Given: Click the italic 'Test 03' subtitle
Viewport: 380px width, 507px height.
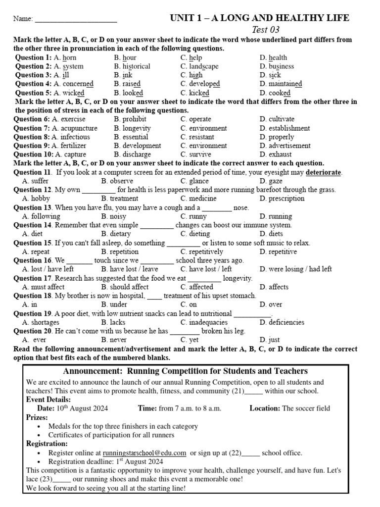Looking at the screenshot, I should [x=266, y=30].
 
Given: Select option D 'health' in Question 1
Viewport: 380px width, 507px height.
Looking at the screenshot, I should [x=273, y=57].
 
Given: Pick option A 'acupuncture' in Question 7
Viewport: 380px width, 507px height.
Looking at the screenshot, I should [x=75, y=128].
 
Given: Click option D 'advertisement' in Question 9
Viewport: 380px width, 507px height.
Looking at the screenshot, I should [x=285, y=146].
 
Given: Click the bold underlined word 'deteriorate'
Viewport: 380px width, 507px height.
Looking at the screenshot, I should [x=324, y=172].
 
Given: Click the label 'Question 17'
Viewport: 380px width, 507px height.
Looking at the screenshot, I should [x=33, y=278].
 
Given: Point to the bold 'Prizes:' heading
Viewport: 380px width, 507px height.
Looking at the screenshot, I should [x=39, y=417].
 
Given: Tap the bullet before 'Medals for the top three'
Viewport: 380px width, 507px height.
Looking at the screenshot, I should [x=39, y=426].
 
